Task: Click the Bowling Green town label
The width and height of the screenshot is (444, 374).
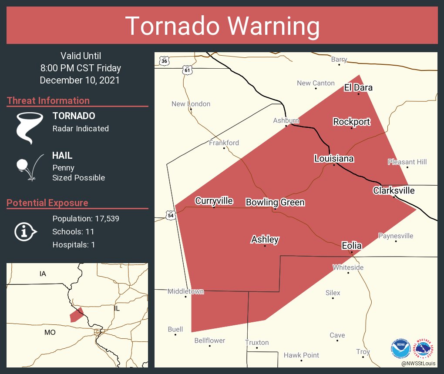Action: pyautogui.click(x=275, y=202)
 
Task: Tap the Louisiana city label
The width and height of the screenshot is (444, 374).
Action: pyautogui.click(x=334, y=159)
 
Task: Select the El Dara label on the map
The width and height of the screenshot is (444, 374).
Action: pyautogui.click(x=358, y=87)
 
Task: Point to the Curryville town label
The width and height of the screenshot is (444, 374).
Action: pyautogui.click(x=214, y=200)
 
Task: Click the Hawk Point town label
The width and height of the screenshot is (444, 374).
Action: pyautogui.click(x=301, y=355)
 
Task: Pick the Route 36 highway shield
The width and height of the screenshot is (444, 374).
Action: pyautogui.click(x=164, y=61)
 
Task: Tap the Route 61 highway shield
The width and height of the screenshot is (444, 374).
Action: pyautogui.click(x=187, y=70)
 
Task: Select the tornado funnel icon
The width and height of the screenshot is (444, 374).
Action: pyautogui.click(x=29, y=127)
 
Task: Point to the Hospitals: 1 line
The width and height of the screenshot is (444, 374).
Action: pyautogui.click(x=74, y=244)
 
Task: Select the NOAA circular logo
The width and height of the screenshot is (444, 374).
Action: pyautogui.click(x=400, y=348)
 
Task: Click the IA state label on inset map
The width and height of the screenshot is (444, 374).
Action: pyautogui.click(x=43, y=274)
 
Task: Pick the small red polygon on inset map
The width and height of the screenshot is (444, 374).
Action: pyautogui.click(x=76, y=315)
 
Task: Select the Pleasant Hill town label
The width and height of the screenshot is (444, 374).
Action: pyautogui.click(x=407, y=162)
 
